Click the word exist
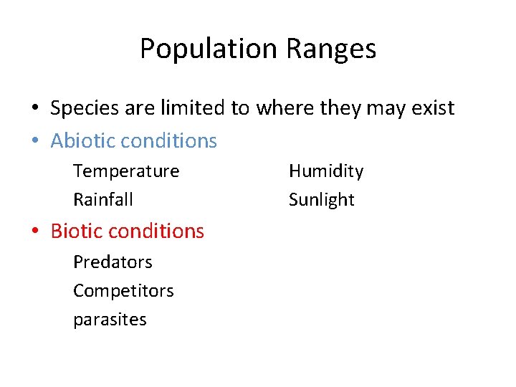click(431, 108)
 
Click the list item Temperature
click(126, 171)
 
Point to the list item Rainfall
click(103, 199)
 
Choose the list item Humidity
click(326, 171)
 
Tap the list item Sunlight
click(322, 199)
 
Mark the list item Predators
click(113, 262)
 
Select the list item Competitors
click(123, 290)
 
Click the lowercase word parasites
click(110, 319)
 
